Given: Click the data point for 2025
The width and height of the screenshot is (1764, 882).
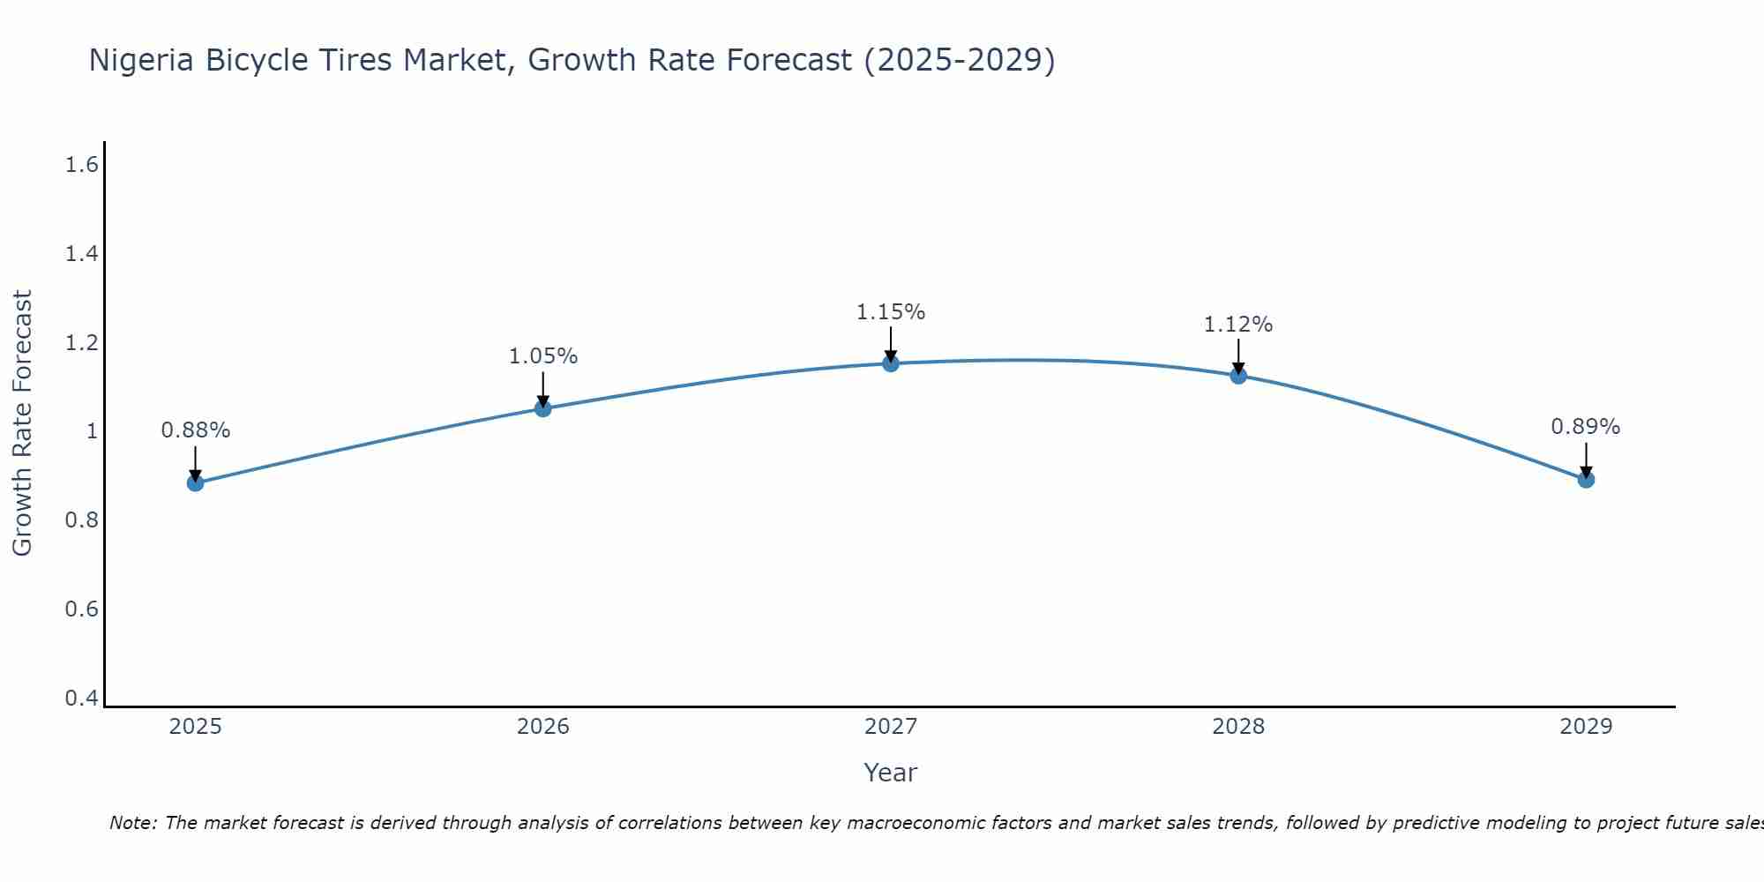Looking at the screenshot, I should [196, 482].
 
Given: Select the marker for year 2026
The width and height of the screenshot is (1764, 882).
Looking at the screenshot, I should [543, 408].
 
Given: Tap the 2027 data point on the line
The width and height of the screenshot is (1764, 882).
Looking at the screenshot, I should [891, 363].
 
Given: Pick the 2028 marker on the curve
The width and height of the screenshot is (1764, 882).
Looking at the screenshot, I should [1238, 376].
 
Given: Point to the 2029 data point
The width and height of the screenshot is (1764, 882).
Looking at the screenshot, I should [1586, 480].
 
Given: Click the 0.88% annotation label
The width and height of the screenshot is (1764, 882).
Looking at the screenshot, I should [196, 430].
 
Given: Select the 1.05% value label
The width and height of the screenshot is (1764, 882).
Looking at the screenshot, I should [543, 356].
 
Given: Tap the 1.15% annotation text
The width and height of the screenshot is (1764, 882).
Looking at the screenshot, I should [891, 312].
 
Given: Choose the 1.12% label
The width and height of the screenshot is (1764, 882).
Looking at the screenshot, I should [1238, 325].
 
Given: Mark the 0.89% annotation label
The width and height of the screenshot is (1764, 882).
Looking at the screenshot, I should [1586, 427].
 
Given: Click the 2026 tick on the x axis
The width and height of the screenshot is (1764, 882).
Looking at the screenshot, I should [543, 727].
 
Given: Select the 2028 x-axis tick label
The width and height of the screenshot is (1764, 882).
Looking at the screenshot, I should [1238, 727].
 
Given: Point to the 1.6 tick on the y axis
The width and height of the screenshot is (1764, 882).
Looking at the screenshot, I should [82, 165].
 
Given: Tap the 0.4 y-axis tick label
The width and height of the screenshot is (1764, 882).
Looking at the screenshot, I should [82, 699].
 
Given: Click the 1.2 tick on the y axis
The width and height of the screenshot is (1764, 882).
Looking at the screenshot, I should [82, 343].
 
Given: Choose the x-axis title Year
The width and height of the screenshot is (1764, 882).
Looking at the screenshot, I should [891, 773].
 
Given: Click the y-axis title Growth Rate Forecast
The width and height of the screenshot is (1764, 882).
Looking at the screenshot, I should [22, 423].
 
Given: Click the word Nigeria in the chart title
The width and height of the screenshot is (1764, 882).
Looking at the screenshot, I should [142, 60].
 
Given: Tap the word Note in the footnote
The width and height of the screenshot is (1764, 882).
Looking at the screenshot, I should [132, 823].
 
